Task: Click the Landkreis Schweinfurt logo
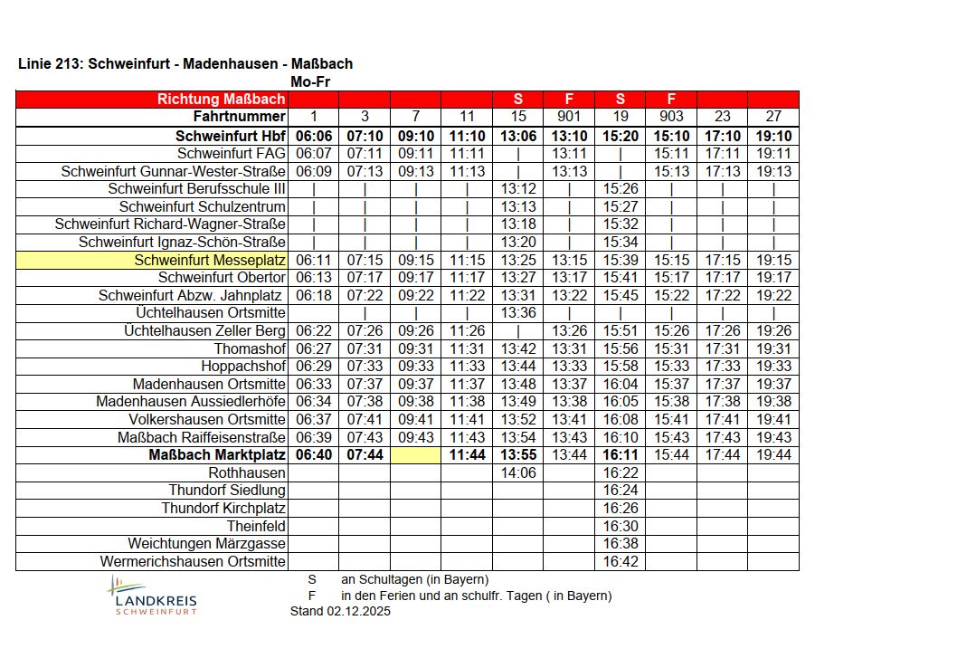[152, 596]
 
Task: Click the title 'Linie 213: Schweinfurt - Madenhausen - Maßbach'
[185, 64]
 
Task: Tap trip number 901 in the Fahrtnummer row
[569, 117]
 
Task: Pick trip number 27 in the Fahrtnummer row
[773, 117]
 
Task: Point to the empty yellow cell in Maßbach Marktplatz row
[415, 455]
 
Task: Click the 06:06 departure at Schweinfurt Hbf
[313, 136]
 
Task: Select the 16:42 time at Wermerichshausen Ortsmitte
[621, 562]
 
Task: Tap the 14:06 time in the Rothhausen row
[518, 473]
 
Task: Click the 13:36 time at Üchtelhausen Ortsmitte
[518, 313]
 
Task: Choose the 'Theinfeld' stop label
[256, 527]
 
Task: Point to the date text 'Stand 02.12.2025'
[340, 612]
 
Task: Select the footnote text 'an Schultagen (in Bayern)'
[414, 579]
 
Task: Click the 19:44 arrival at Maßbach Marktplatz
[773, 455]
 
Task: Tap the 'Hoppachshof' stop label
[243, 367]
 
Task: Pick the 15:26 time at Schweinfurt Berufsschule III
[621, 189]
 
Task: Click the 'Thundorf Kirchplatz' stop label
[223, 509]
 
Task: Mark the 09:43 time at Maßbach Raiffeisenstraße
[415, 438]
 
